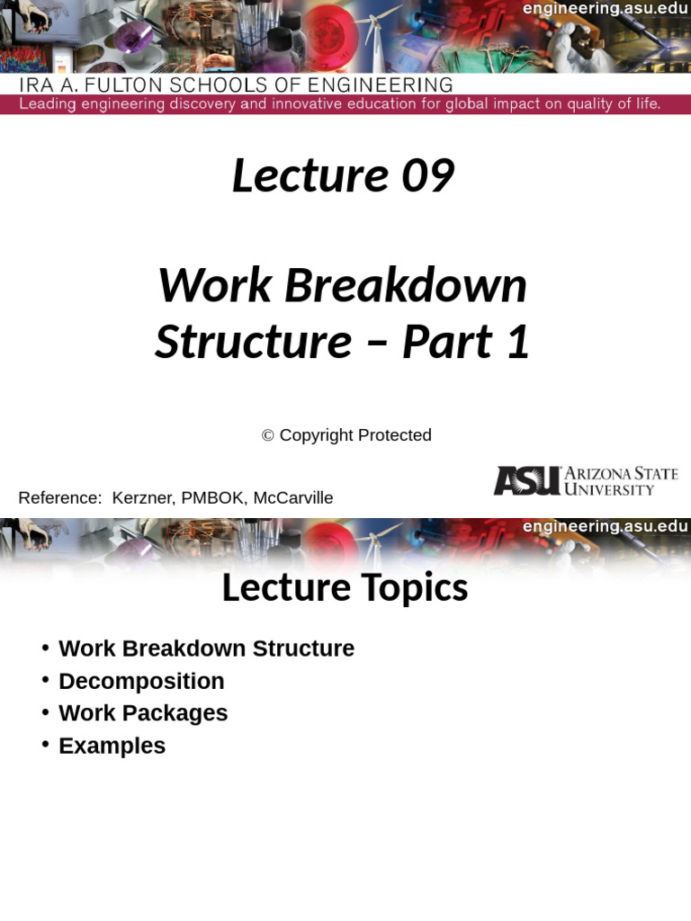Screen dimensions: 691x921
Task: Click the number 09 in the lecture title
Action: (427, 175)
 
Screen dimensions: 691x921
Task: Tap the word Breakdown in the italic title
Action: (406, 286)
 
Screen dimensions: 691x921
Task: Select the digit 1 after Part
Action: (517, 342)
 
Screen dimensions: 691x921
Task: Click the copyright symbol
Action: (268, 435)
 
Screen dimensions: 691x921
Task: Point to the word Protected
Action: (394, 435)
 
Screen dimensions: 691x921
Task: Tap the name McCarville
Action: (293, 498)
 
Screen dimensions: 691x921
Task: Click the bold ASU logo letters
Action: (527, 481)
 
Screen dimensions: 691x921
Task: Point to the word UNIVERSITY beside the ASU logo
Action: (609, 489)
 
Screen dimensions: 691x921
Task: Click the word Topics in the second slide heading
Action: (414, 587)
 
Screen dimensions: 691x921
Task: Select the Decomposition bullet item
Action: (141, 682)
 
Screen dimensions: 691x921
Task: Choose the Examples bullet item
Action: (112, 746)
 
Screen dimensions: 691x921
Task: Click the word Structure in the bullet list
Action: (303, 648)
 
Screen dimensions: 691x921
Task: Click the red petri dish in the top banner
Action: (329, 32)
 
